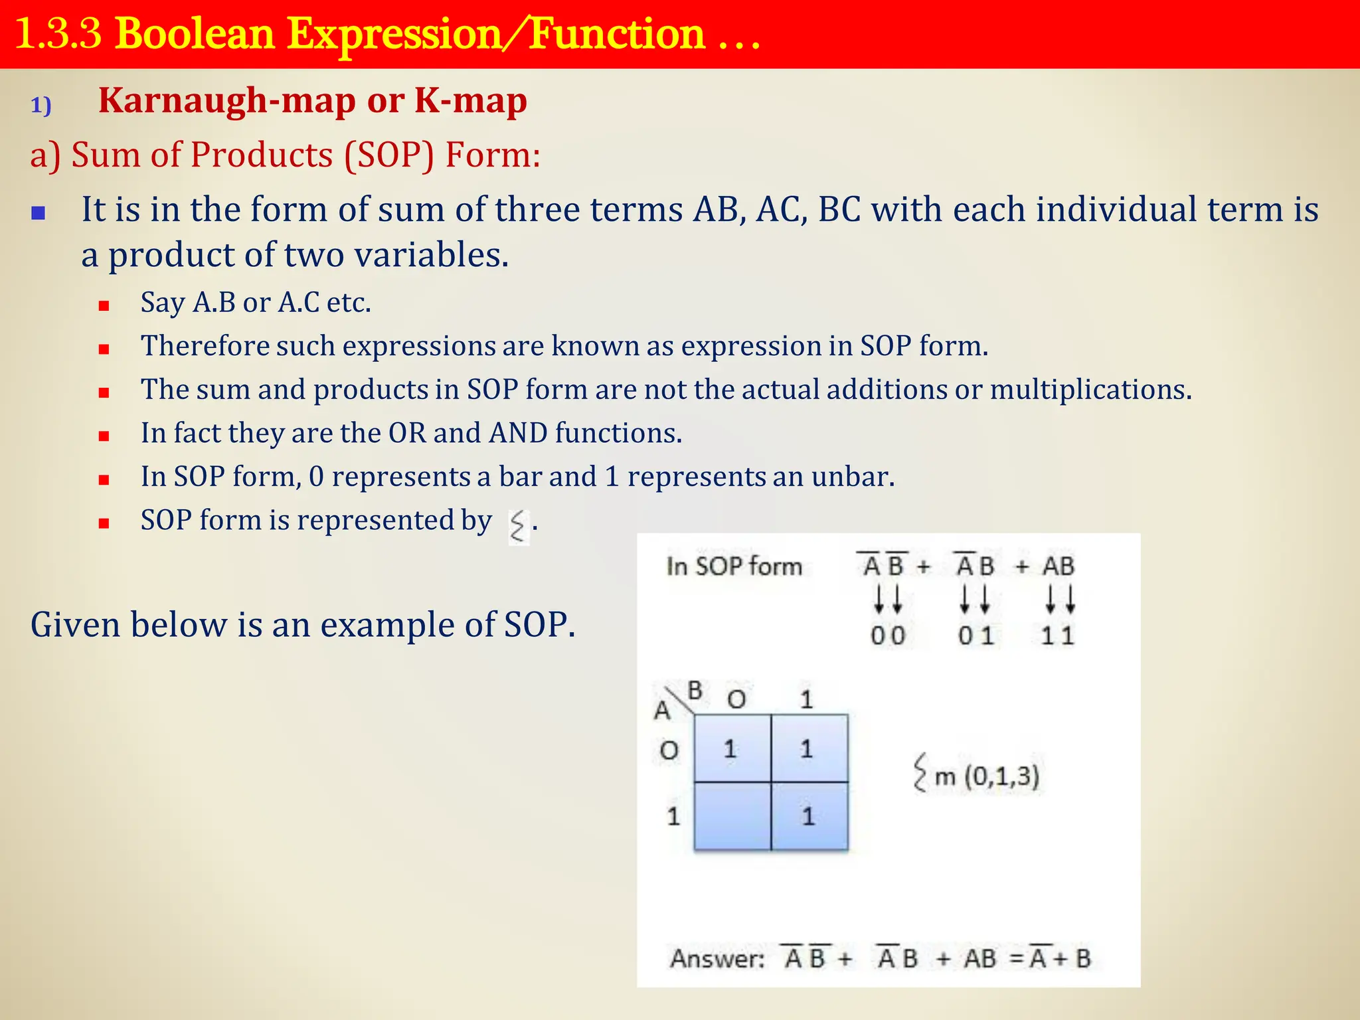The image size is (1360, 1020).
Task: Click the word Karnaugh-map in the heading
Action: [x=226, y=102]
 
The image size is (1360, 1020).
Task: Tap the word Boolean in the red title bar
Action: [x=195, y=35]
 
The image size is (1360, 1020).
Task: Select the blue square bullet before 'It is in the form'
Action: [x=39, y=213]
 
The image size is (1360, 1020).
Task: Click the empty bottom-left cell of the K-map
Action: [x=732, y=816]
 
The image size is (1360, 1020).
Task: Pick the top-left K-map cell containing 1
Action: [x=730, y=749]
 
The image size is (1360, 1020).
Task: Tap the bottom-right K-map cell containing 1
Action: [x=808, y=816]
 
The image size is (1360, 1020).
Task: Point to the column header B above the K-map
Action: [x=695, y=691]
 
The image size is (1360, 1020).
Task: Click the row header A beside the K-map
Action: [x=662, y=711]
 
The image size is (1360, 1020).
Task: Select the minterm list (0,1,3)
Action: [x=1001, y=776]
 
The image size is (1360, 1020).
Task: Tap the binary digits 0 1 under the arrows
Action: [x=976, y=636]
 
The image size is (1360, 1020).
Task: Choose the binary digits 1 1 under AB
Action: [x=1057, y=636]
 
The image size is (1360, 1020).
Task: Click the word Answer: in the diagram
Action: [x=717, y=959]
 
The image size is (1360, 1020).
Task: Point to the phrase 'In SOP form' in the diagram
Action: [x=734, y=566]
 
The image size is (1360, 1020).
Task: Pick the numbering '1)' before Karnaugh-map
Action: [x=41, y=106]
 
